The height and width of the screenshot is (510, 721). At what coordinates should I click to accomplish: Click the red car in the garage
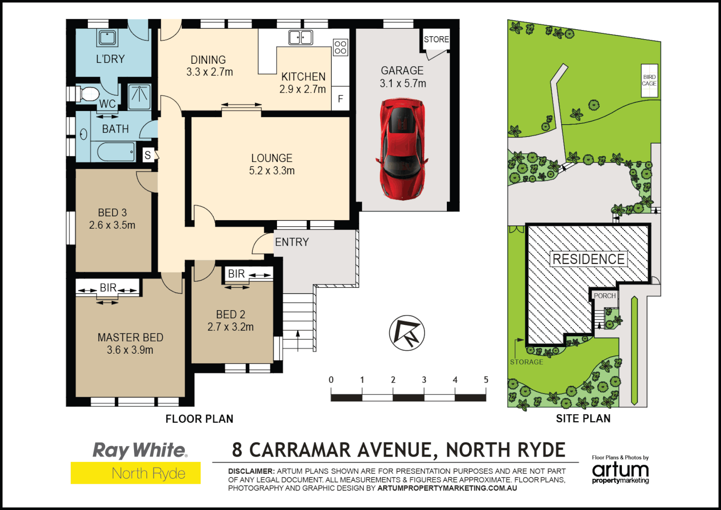point(402,149)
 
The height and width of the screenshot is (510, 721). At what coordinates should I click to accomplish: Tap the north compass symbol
point(407,333)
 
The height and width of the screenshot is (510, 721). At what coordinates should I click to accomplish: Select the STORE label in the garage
point(436,40)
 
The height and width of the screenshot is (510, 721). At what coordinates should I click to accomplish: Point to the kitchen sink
point(301,37)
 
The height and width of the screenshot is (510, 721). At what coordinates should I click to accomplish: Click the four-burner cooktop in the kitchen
point(340,47)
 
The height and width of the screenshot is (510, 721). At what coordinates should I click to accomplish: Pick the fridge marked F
point(340,99)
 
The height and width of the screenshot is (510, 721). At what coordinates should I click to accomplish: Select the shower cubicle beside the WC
point(139,96)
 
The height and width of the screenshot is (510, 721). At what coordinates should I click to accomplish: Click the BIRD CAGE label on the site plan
point(649,80)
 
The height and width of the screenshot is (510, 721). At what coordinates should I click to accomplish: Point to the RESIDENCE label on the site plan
point(588,259)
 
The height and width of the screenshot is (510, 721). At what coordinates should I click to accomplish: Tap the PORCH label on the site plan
point(604,296)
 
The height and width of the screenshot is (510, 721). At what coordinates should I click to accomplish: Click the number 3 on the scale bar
point(424,380)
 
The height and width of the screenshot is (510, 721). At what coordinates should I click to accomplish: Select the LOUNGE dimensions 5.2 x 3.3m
point(272,171)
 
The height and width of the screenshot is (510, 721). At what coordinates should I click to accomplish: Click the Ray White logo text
point(140,450)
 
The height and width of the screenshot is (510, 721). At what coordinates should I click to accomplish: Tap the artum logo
point(620,471)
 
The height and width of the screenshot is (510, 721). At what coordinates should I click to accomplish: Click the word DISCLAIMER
point(251,471)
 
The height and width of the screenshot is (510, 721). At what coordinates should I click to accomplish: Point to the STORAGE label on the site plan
point(527,362)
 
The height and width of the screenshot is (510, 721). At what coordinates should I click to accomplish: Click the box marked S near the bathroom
point(148,155)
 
